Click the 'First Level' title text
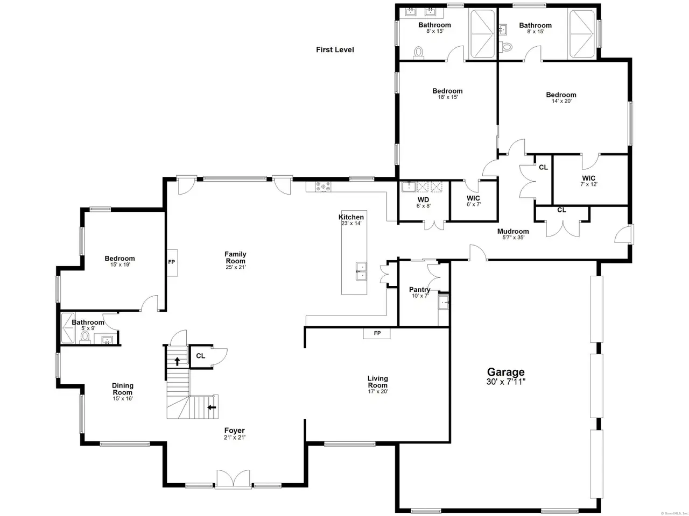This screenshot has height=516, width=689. coord(335,49)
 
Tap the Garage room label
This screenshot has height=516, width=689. coord(505,372)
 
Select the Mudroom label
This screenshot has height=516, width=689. coord(513,231)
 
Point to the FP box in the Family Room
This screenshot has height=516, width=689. coord(172,262)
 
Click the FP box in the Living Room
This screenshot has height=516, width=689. coord(377,333)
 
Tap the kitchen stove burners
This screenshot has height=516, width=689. coord(323,187)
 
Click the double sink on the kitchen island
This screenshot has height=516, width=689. coord(361,271)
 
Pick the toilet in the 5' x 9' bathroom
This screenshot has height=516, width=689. coord(85,337)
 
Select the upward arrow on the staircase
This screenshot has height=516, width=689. coord(177,361)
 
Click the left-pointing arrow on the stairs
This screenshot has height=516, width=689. coord(212,407)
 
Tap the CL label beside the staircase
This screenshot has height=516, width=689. coord(201,356)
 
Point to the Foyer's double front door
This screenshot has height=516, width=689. coord(233,478)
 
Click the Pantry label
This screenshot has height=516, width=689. coord(419,290)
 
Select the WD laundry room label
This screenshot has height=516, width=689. coord(423,200)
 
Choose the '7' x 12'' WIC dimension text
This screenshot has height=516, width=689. coord(588,184)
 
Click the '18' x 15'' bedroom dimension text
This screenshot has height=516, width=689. coord(448,97)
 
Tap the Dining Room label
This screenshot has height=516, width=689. coord(122,389)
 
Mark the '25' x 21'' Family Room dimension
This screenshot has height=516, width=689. coord(235,267)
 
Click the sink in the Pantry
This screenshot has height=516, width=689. coord(444,303)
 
